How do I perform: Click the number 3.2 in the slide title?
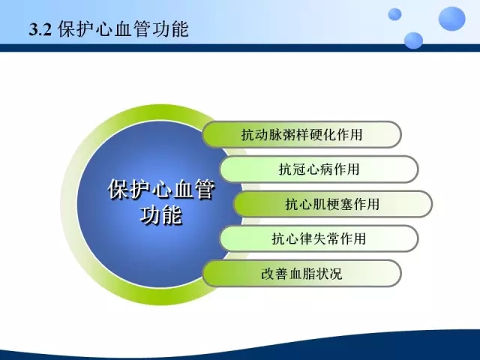click(40, 30)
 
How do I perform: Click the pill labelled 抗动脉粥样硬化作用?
click(301, 134)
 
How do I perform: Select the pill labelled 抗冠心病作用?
click(319, 169)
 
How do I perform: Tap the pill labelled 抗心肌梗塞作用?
click(333, 204)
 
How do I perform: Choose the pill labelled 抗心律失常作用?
click(319, 238)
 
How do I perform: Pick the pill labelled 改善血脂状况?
click(301, 273)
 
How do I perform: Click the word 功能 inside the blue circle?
click(161, 214)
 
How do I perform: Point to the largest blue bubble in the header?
click(451, 19)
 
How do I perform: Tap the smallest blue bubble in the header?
click(394, 14)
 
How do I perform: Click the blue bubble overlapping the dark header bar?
click(413, 40)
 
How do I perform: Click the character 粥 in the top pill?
click(288, 135)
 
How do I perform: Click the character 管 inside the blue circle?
click(205, 189)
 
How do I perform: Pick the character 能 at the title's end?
click(179, 30)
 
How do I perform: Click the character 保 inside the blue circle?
click(118, 189)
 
